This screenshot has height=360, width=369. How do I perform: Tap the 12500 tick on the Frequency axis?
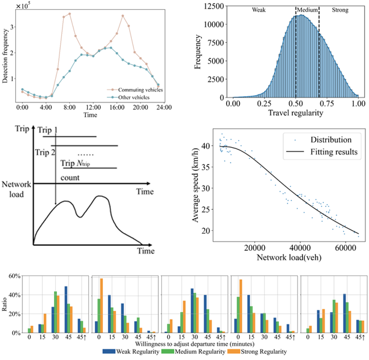215,5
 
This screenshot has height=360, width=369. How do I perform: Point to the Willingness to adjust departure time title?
184,343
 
